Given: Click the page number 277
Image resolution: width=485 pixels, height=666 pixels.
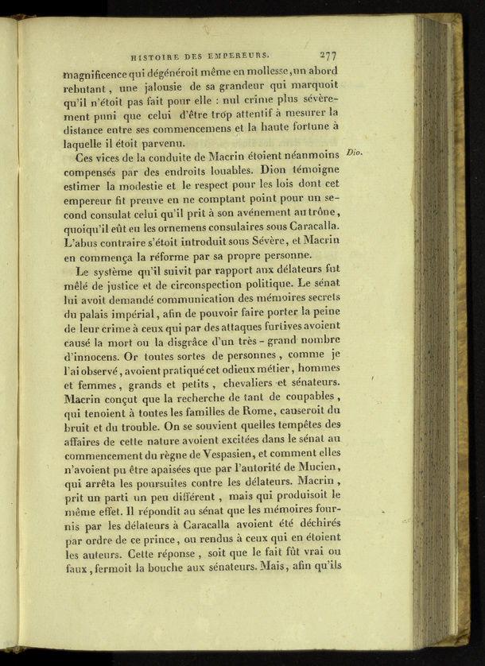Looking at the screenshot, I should (328, 55).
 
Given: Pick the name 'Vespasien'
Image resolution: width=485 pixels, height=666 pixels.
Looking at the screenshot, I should (227, 455).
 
